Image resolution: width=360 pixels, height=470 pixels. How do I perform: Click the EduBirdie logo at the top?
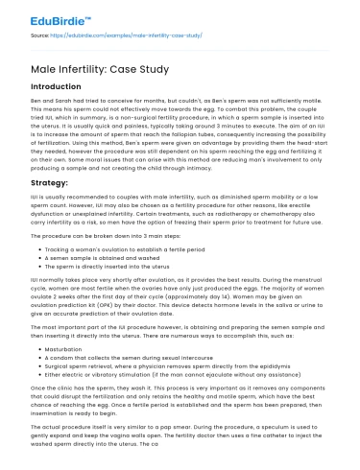pyautogui.click(x=43, y=18)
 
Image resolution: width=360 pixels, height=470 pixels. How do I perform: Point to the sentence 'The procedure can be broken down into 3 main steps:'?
pyautogui.click(x=114, y=235)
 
